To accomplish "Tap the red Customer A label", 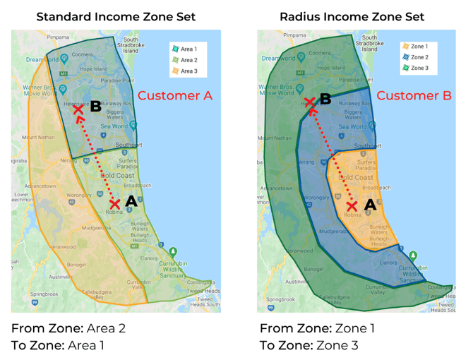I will (x=174, y=96).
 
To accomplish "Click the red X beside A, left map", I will (x=114, y=205).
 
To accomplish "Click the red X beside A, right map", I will (x=352, y=206).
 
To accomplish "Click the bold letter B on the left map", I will (x=95, y=107).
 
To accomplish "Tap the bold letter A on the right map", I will (x=369, y=203).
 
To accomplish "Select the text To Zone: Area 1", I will (x=57, y=345).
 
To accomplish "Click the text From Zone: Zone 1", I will (x=318, y=328).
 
